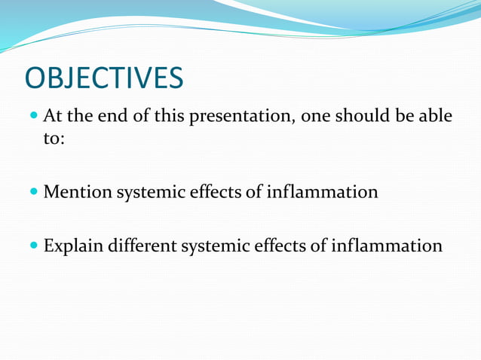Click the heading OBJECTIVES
point(104,79)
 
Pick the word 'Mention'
point(77,192)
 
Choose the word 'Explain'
point(74,246)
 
